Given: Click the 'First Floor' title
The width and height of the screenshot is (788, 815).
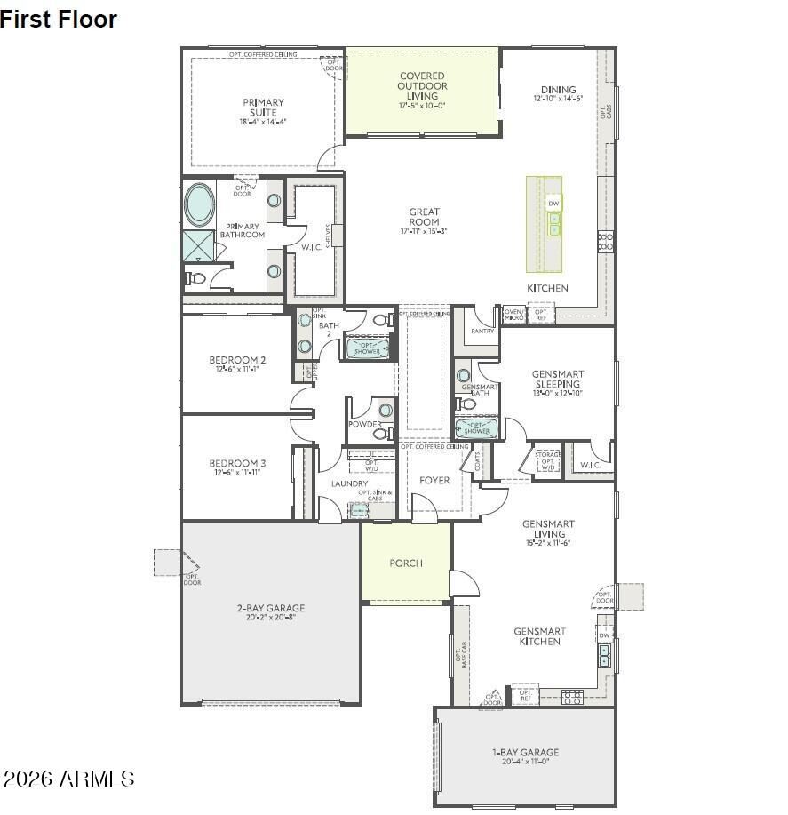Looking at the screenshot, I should click(x=59, y=19).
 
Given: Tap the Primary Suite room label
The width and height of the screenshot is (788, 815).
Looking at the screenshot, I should click(x=263, y=107).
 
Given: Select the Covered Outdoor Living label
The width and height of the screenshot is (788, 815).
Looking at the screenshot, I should click(x=422, y=86).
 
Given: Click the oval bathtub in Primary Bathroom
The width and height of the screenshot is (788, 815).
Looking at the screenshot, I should click(x=199, y=205).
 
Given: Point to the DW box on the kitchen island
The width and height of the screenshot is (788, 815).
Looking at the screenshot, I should click(x=553, y=204).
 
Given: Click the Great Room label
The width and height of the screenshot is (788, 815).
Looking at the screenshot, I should click(x=424, y=217).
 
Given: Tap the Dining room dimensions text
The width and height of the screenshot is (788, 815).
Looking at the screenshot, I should click(x=558, y=99).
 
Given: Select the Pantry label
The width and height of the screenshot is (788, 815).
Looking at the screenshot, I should click(x=482, y=331).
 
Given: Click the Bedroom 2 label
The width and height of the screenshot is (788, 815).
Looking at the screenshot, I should click(x=237, y=360).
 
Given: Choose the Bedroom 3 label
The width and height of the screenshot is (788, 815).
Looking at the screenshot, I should click(x=237, y=463).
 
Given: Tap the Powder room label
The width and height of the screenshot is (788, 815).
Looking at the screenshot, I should click(x=364, y=424).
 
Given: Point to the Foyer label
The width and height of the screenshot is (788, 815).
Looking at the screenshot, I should click(x=434, y=480).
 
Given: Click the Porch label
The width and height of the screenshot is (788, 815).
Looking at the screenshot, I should click(x=406, y=563).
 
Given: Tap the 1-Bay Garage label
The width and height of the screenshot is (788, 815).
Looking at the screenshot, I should click(x=526, y=752).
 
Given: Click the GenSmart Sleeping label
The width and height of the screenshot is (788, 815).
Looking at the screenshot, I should click(x=557, y=379).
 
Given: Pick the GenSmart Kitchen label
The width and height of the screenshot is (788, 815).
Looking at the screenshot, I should click(x=539, y=636).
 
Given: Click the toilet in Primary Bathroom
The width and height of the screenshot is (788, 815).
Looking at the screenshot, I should click(x=196, y=278).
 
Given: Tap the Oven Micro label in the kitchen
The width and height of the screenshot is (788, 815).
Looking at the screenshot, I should click(x=513, y=314).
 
